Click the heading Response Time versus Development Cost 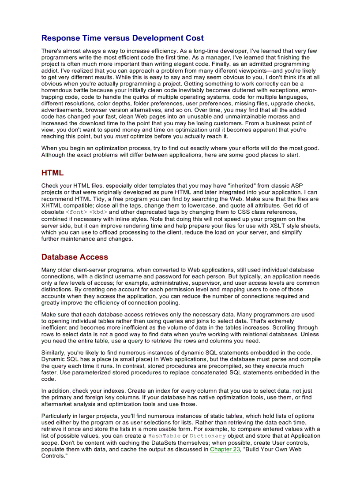point(122,38)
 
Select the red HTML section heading point(52,173)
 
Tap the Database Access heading point(75,257)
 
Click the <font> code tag point(76,212)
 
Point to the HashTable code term point(164,436)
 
